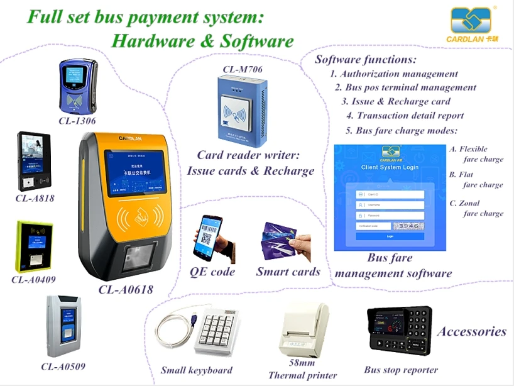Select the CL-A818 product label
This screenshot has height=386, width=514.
pyautogui.click(x=35, y=199)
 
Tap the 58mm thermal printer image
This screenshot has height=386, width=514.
pyautogui.click(x=304, y=328)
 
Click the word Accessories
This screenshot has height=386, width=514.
pyautogui.click(x=471, y=331)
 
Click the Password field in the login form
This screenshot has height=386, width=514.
pyautogui.click(x=390, y=215)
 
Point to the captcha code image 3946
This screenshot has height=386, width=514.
pyautogui.click(x=408, y=226)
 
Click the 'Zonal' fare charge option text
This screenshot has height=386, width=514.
pyautogui.click(x=469, y=203)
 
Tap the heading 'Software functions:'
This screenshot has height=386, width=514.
pyautogui.click(x=366, y=60)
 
